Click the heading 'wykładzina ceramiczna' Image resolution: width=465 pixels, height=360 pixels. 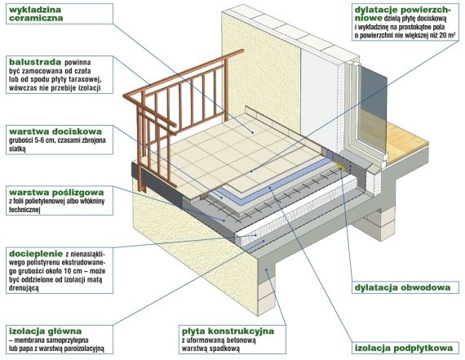pos(36,14)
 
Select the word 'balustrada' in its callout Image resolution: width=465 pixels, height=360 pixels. pos(35,62)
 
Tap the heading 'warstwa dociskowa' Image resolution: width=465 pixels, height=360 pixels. pos(55,131)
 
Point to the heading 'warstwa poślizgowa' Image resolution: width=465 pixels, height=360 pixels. pos(56,193)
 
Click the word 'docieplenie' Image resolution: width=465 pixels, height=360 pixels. pos(36,254)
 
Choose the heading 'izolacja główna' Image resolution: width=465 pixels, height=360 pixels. pos(46,331)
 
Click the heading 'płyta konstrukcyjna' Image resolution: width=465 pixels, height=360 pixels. pos(228,331)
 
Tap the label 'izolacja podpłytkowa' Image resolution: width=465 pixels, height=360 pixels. pos(404,348)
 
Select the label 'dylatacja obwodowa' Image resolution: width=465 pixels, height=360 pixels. pos(402,287)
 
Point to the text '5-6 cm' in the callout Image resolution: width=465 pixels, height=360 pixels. pos(40,140)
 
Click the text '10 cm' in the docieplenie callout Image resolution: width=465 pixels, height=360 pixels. pos(62,271)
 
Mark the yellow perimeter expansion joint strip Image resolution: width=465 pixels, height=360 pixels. pos(340,167)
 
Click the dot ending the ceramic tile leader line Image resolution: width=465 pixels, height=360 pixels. pos(253,132)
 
